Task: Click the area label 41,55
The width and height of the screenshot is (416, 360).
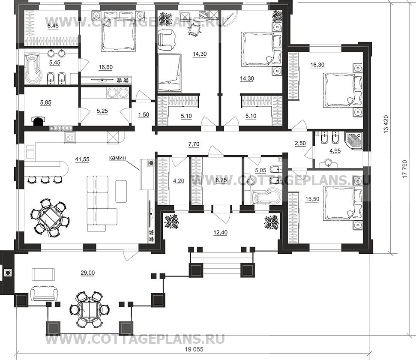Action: tap(83, 159)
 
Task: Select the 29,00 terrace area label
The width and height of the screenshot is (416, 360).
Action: tap(87, 273)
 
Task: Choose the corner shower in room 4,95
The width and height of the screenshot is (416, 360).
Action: tap(354, 141)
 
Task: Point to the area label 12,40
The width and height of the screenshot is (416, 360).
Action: tap(220, 233)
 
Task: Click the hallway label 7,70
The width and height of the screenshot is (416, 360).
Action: tap(194, 144)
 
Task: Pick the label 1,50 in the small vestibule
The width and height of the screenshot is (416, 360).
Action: tap(144, 115)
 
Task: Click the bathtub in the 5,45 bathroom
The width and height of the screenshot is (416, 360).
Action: tap(33, 68)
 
